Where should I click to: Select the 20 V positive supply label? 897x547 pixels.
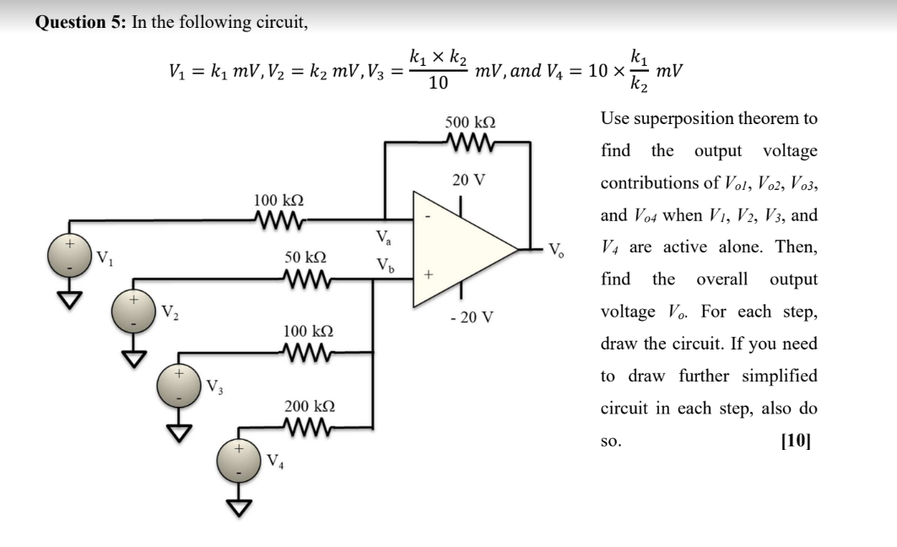pyautogui.click(x=467, y=179)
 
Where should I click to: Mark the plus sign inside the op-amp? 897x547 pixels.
pyautogui.click(x=429, y=274)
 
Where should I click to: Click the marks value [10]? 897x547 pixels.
pyautogui.click(x=797, y=440)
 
